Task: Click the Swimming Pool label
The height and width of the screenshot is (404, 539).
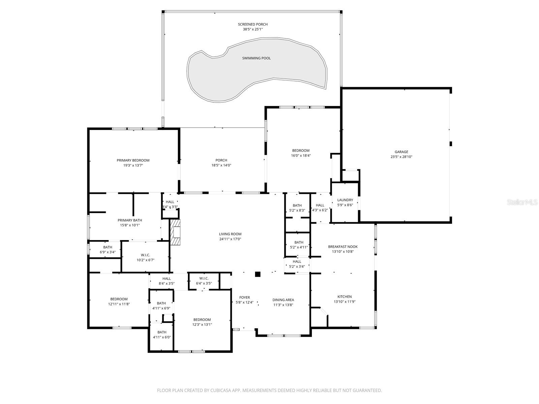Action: coord(256,58)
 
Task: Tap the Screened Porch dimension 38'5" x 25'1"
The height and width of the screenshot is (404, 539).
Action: coord(253,29)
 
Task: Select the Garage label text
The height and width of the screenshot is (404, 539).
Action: coord(401,152)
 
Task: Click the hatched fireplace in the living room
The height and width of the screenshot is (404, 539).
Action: coord(176,232)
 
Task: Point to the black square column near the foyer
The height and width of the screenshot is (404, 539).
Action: coord(258,274)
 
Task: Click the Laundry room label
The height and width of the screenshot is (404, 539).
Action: coord(345,200)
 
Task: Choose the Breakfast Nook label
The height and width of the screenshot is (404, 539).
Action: coord(343,247)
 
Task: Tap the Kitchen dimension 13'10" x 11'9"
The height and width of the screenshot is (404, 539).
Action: coord(344,302)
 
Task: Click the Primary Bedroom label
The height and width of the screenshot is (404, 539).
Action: coord(133,161)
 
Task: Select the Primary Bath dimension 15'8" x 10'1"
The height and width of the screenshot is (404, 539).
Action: coord(130,225)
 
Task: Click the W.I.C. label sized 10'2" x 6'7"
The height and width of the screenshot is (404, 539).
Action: coord(145,255)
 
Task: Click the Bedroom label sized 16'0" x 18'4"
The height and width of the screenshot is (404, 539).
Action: coord(300,150)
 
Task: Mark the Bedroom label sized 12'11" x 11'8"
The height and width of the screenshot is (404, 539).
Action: coord(119,299)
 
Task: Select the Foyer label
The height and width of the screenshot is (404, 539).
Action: coord(245,297)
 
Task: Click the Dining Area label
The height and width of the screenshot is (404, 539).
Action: coord(283,300)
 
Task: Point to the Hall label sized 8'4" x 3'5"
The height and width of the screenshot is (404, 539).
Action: coord(166,278)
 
